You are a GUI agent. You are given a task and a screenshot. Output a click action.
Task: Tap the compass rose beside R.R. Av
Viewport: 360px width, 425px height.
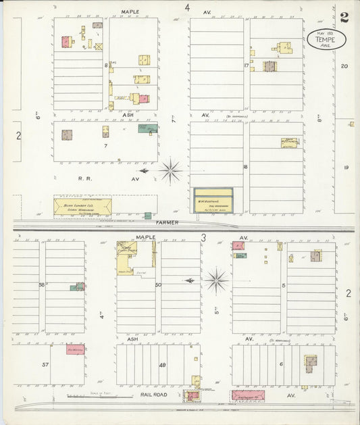tap(170, 171)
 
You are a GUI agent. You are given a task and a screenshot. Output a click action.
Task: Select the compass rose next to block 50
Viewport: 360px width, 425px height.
tap(217, 280)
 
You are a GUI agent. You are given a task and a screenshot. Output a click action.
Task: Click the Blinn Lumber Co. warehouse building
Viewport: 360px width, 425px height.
tap(82, 206)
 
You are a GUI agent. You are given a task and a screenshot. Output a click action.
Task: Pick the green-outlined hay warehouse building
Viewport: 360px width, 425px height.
tap(213, 200)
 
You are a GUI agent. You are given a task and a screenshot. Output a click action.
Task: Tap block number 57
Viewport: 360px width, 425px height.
tap(45, 364)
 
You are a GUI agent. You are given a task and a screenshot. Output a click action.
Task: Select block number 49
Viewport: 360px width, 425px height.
tap(162, 365)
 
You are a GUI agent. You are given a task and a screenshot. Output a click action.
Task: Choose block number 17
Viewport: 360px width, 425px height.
tap(247, 66)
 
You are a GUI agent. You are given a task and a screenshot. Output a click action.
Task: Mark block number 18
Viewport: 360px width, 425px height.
tap(245, 166)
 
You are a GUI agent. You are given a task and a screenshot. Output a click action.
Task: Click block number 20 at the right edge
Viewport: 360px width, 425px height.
tap(344, 66)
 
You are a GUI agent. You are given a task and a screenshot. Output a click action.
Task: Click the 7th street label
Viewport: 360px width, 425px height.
tap(174, 120)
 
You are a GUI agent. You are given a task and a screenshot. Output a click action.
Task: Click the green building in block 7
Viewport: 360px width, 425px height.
tap(148, 128)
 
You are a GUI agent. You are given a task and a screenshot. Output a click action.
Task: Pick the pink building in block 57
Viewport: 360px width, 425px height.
tap(75, 349)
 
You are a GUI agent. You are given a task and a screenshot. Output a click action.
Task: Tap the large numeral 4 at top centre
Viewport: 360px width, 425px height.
tap(188, 7)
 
